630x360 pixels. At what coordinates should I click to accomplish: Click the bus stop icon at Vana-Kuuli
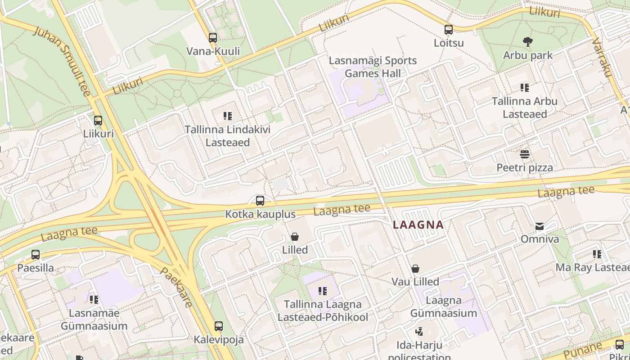pos(213,38)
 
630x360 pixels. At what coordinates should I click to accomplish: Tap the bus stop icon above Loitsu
pos(449,30)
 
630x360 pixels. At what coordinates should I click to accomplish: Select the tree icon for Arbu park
pos(528,42)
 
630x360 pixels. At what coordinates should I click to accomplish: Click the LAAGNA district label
pos(418,225)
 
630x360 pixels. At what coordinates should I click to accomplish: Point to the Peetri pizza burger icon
pos(525,154)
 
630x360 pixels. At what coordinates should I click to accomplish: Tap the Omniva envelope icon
pos(539,226)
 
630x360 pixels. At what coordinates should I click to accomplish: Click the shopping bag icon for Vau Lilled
pos(415,269)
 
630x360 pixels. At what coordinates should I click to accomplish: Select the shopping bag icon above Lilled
pos(295,237)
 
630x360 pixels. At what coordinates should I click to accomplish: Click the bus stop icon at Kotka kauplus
pos(260,201)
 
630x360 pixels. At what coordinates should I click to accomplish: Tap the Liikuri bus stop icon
pos(98,121)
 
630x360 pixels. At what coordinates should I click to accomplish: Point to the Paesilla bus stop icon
pos(36,255)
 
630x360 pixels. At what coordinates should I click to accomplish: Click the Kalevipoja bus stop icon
pos(219,326)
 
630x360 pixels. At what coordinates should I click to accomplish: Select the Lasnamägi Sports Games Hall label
pos(373,67)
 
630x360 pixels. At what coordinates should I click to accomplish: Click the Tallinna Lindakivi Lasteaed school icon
pos(228,117)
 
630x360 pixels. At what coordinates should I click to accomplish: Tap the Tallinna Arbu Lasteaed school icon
pos(525,88)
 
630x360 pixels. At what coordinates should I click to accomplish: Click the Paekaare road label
pos(176,287)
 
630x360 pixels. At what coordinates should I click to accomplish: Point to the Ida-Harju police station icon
pos(419,332)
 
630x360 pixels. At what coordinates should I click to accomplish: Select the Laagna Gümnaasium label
pos(443,306)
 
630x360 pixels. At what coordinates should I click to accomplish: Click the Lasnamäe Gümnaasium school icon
pos(94,299)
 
